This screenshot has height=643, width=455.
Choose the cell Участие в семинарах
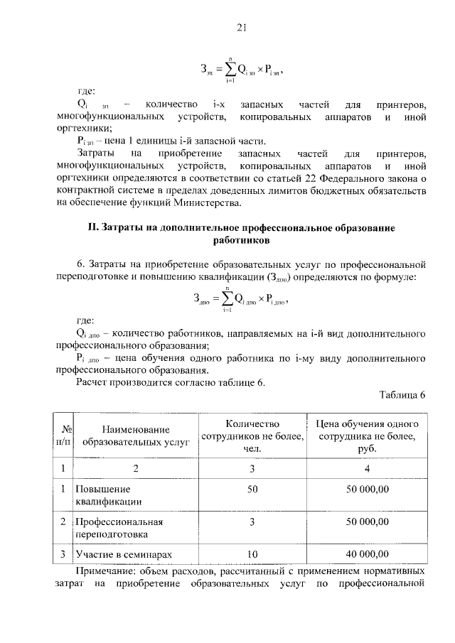coord(124,554)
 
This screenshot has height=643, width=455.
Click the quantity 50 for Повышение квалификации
coord(252,490)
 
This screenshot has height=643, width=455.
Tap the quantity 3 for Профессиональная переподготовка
coord(252,522)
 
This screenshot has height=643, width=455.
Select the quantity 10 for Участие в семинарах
coord(252,554)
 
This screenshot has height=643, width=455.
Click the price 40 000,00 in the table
coord(366,554)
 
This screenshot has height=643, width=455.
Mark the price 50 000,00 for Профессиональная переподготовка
coord(366,522)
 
